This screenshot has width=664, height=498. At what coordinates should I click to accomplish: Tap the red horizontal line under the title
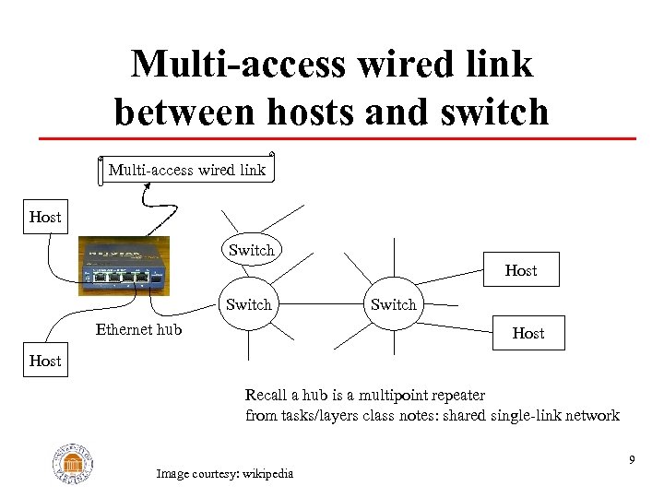coord(337,138)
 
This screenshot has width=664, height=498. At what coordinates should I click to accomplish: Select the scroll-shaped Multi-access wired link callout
coord(186,169)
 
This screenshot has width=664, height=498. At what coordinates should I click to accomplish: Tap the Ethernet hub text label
coord(138,329)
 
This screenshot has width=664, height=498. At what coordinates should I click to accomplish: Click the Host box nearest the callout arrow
coord(44,218)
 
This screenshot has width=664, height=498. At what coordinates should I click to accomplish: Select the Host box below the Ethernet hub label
coord(44,362)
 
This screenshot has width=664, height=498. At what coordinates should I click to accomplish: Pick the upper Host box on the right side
coord(520,270)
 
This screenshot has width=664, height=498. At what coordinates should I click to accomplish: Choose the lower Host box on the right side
coord(528,333)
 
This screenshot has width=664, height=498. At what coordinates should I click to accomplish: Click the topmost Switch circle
coord(251,250)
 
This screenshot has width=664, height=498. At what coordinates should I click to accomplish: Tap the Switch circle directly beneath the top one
coord(249,304)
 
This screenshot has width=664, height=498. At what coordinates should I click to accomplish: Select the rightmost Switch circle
coord(394,304)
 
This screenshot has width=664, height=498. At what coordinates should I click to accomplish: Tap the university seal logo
coord(73,461)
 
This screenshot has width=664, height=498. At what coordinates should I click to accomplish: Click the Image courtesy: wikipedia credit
coord(224,474)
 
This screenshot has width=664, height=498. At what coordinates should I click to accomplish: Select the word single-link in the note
coord(511,415)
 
